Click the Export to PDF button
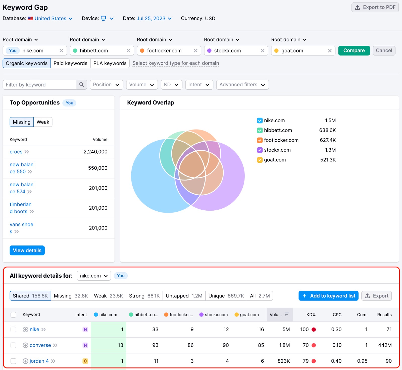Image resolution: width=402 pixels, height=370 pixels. tap(375, 7)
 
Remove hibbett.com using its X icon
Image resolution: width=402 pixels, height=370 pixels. tap(128, 51)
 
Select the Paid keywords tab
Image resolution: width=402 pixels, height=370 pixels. tap(70, 63)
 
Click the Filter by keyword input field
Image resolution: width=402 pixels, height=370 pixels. tap(40, 85)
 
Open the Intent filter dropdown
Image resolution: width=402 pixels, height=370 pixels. tap(199, 85)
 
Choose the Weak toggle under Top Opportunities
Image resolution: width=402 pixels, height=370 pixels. tap(43, 122)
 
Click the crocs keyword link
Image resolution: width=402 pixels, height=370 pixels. tap(16, 152)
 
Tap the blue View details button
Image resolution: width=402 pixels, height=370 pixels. tap(27, 251)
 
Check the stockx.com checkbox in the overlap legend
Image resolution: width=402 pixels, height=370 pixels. tap(260, 150)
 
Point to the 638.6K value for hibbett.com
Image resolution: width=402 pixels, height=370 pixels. tap(327, 130)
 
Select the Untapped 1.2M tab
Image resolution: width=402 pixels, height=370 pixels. tap(184, 296)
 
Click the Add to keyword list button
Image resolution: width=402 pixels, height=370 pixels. tap(328, 296)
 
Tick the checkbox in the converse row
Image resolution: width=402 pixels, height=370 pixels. tap(13, 345)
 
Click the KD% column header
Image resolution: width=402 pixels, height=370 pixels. tap(311, 315)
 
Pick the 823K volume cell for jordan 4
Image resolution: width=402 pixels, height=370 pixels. tap(284, 361)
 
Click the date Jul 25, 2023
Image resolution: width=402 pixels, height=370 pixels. tap(151, 18)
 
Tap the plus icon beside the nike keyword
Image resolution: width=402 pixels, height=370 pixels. tap(25, 330)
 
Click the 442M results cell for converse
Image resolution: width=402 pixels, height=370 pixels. tap(385, 345)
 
